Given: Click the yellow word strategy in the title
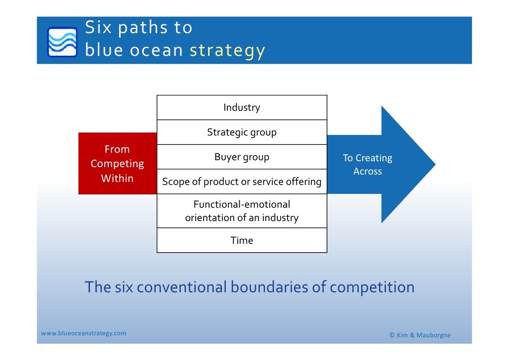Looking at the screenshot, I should pos(228,50).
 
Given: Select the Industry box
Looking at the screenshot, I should pos(242,108).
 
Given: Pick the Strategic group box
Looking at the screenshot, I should pos(242,133).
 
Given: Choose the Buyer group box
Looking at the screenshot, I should pos(242,157).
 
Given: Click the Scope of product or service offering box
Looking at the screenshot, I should pos(242,181).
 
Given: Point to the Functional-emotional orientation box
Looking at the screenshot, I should pos(242,211).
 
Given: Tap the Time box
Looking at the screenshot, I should pos(242,241).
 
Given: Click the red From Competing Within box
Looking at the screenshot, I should pos(117,164).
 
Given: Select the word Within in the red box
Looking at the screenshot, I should pos(117,179).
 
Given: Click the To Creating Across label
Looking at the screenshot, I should pos(368,165).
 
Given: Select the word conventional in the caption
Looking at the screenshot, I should pos(181,287).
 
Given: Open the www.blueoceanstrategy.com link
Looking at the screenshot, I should pos(84,333).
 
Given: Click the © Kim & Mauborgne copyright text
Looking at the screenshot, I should pos(420,336).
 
